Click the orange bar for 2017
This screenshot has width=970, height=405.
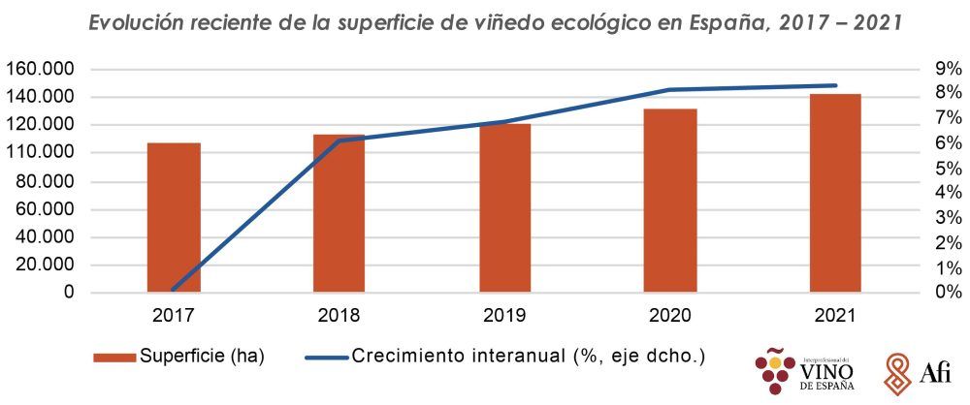pos(174,217)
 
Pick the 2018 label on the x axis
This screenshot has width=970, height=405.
pos(339,316)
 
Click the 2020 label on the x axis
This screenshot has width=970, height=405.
pos(669,316)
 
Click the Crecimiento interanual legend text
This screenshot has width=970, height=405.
pos(529,357)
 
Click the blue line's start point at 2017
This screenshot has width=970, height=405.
pos(174,289)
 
